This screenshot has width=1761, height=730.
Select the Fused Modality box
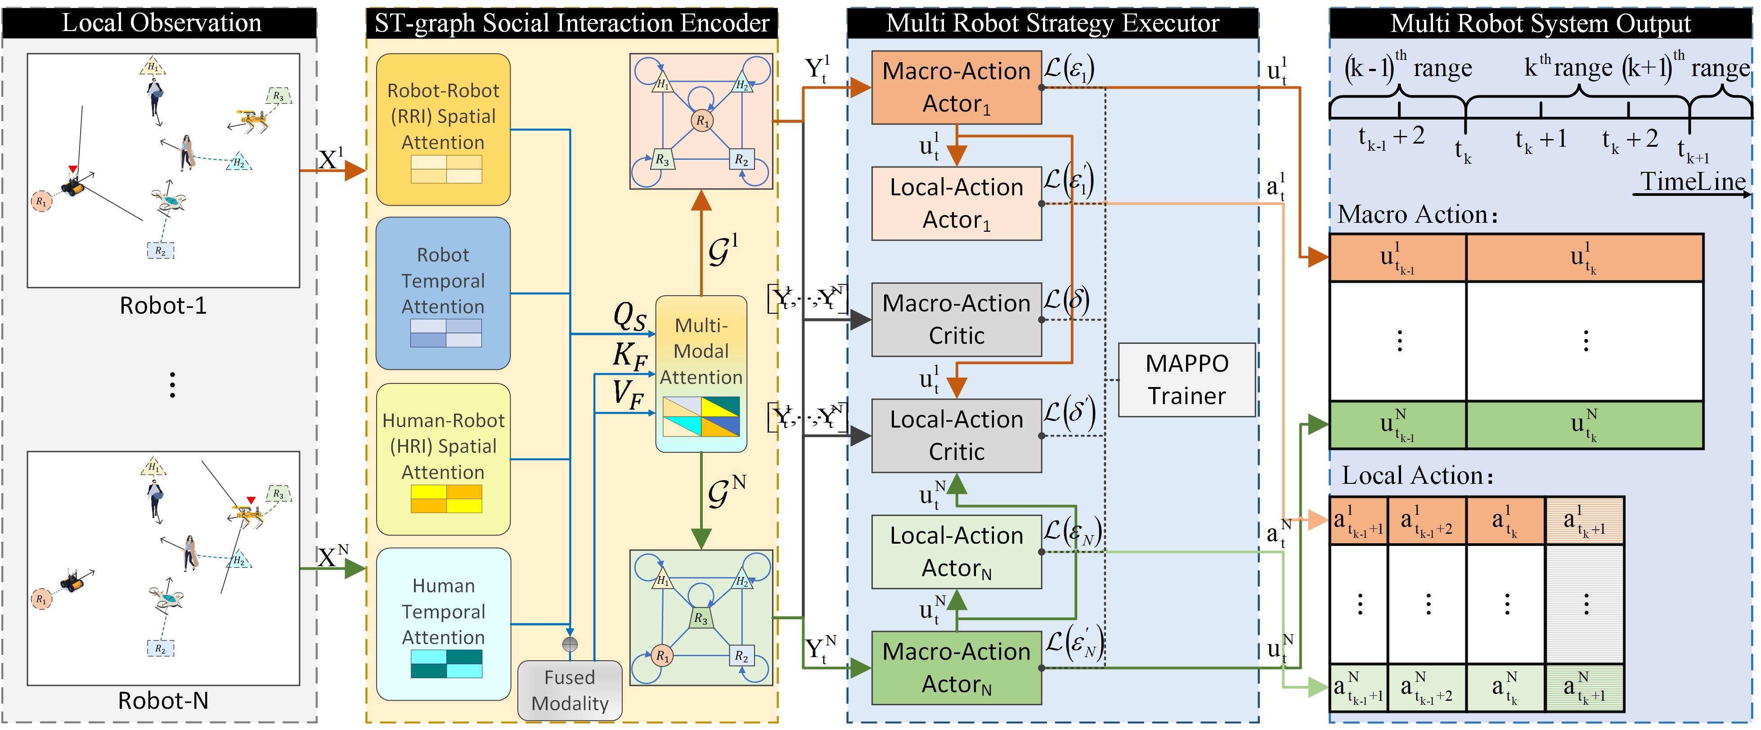(570, 690)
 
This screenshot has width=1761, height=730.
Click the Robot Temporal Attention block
(443, 293)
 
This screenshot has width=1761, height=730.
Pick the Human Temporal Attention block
(443, 623)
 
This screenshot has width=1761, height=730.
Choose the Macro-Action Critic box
(957, 319)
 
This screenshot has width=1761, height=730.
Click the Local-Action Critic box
(957, 435)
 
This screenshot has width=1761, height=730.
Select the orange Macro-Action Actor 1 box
(957, 87)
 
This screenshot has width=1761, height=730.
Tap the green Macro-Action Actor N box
(957, 668)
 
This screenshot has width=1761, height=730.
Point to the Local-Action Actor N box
(957, 552)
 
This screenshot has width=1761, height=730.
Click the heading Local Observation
(162, 23)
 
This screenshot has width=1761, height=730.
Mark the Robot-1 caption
(163, 306)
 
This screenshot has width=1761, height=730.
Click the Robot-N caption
(163, 701)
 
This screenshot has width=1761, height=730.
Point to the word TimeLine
(1693, 182)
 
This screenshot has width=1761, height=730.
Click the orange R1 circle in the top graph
(701, 121)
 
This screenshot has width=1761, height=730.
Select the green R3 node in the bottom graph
(701, 618)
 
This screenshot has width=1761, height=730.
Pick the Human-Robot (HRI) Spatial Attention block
(443, 460)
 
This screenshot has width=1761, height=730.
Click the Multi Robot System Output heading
(1540, 23)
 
